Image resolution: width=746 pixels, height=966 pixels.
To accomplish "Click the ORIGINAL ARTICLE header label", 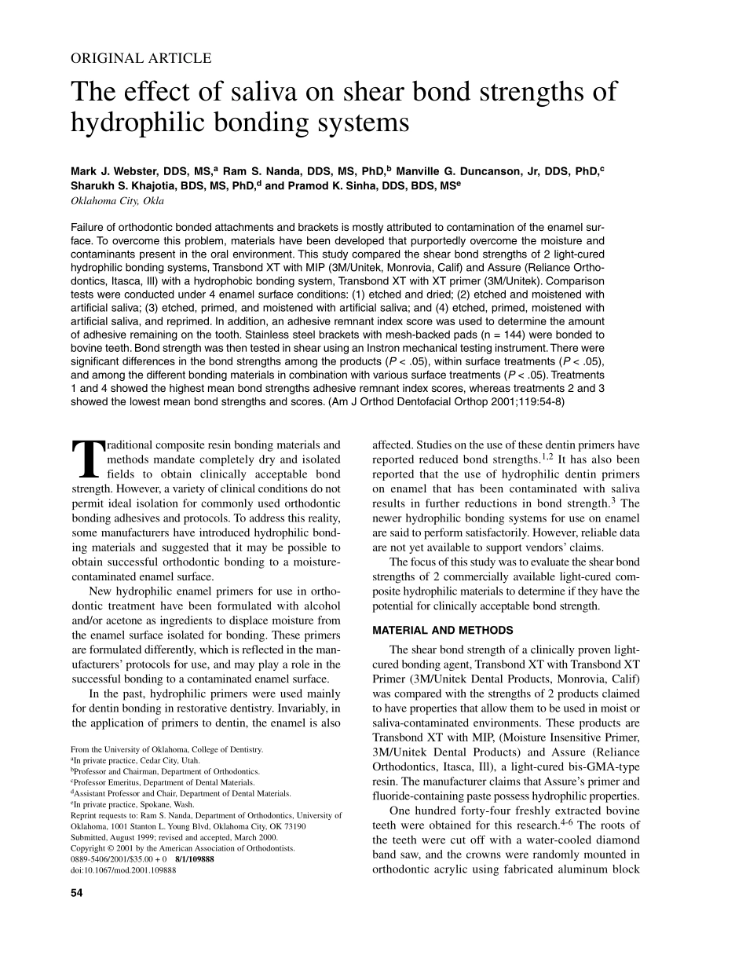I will tap(141, 58).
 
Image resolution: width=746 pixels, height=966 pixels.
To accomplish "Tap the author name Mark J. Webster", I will tap(119, 171).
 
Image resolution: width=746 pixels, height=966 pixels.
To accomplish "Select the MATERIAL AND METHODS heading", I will tap(442, 630).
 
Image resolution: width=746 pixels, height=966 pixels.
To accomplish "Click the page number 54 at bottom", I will tap(77, 893).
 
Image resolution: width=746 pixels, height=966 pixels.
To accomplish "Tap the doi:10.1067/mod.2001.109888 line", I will tap(123, 870).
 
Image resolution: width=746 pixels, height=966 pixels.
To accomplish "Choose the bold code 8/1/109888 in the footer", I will tap(195, 859).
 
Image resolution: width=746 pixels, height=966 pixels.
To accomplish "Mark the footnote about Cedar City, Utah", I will tap(135, 760).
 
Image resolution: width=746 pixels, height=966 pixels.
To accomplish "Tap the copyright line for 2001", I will tap(183, 848).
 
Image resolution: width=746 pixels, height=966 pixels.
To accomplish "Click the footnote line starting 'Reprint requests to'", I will tap(206, 815).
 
